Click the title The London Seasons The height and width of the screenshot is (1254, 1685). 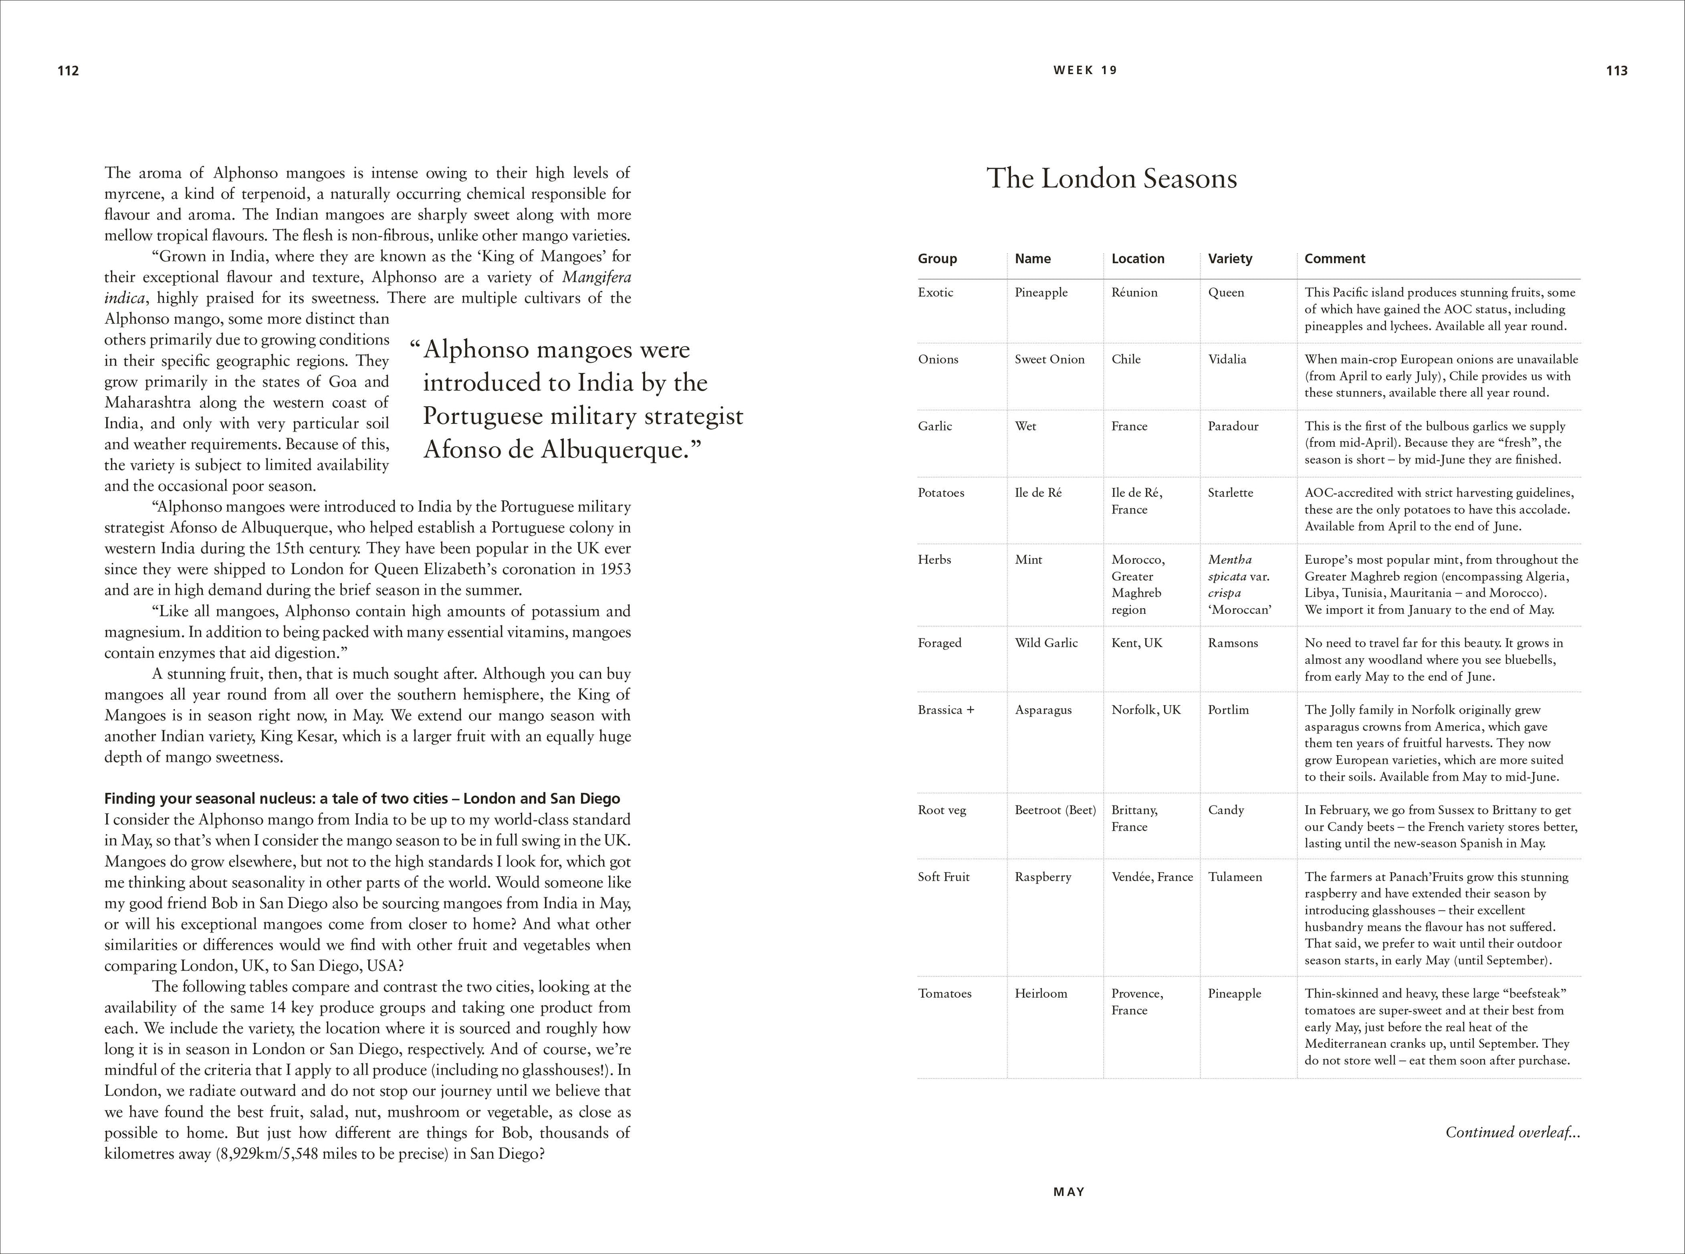coord(1111,179)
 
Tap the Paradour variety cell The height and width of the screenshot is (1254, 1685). coord(1233,426)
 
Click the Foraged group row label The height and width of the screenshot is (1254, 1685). coord(939,643)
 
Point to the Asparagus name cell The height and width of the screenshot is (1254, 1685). coord(1043,710)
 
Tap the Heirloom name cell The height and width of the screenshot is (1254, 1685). coord(1040,994)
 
